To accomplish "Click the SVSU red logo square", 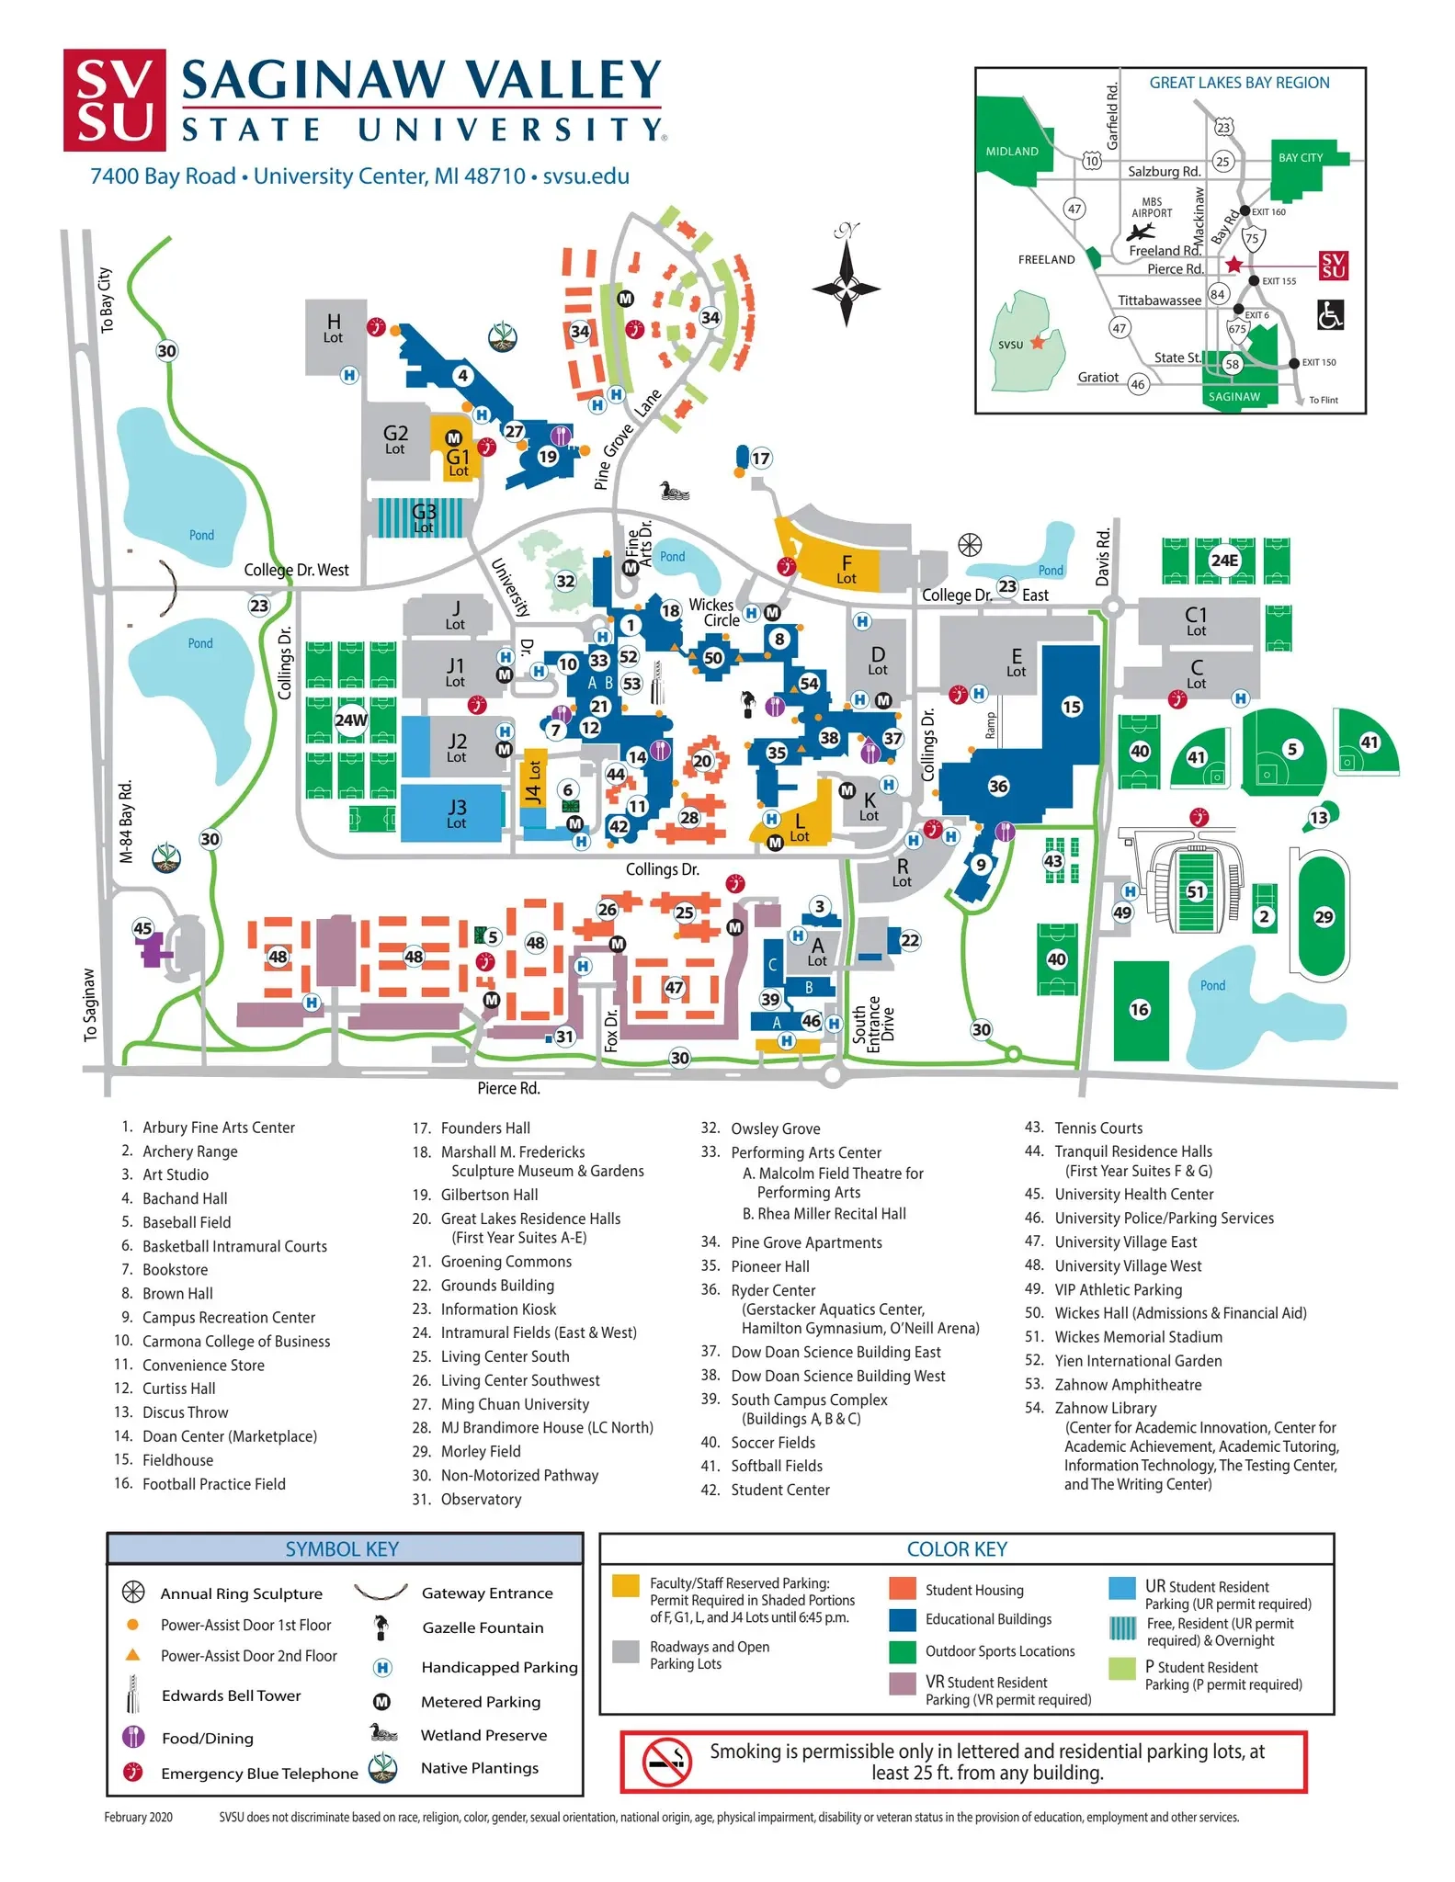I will coord(114,100).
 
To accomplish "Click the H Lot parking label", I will coord(334,328).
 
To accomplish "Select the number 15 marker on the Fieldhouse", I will coord(1072,707).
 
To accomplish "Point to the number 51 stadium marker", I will coord(1195,891).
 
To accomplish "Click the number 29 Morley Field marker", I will coord(1324,917).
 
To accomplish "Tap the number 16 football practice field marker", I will coord(1140,1010).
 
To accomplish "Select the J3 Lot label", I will coord(456,812).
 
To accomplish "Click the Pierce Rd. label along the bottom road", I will coord(508,1089).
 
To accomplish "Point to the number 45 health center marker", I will coord(142,928).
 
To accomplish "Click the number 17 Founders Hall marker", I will coord(761,459).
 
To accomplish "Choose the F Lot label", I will coord(847,569).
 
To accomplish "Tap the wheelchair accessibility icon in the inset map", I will coord(1330,314).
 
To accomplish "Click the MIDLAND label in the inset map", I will coord(1012,152).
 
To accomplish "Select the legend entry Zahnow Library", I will coord(1105,1408).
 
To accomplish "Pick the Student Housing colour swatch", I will coord(903,1589).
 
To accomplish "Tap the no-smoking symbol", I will coord(666,1762).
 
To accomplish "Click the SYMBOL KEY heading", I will coord(342,1549).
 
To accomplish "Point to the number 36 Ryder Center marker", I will coord(998,787).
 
